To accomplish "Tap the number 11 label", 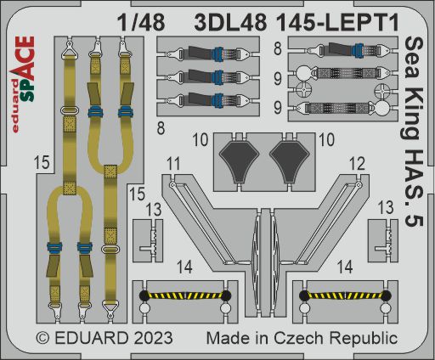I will [x=173, y=164].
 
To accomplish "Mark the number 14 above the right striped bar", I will [x=344, y=267].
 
